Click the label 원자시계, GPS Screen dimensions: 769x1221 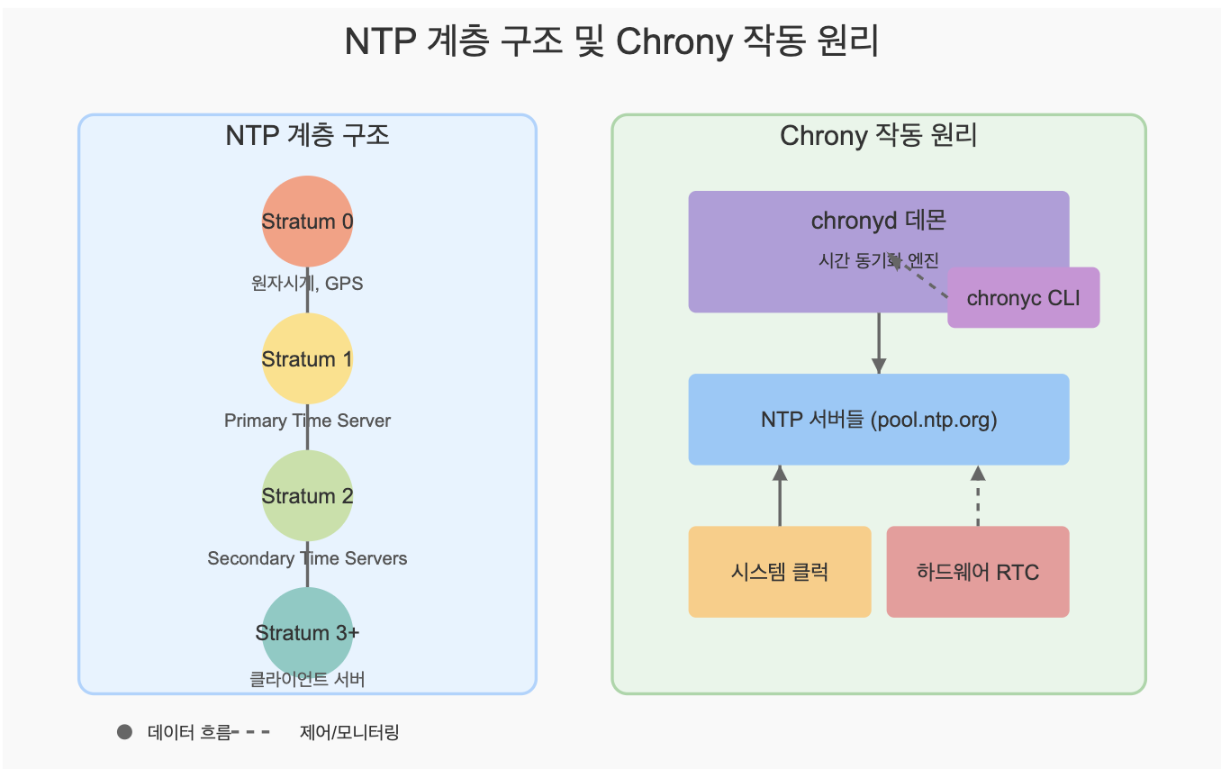pyautogui.click(x=307, y=284)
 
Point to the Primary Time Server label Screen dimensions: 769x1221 pyautogui.click(x=307, y=421)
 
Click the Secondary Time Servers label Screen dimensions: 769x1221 pyautogui.click(x=307, y=558)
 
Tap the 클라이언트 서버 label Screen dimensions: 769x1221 pyautogui.click(x=307, y=680)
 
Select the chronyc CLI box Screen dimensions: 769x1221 pyautogui.click(x=1023, y=298)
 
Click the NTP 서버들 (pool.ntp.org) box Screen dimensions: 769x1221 pyautogui.click(x=878, y=420)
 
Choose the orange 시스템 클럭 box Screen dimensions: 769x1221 pyautogui.click(x=780, y=572)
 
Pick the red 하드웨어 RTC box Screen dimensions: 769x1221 pyautogui.click(x=978, y=572)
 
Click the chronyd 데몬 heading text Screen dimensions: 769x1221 pyautogui.click(x=878, y=221)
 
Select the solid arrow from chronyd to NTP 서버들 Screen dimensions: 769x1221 pyautogui.click(x=879, y=342)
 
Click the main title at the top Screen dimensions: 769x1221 pyautogui.click(x=611, y=42)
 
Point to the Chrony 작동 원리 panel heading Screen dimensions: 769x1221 pyautogui.click(x=878, y=136)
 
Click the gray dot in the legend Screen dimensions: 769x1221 pyautogui.click(x=125, y=732)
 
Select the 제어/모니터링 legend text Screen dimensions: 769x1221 pyautogui.click(x=348, y=732)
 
